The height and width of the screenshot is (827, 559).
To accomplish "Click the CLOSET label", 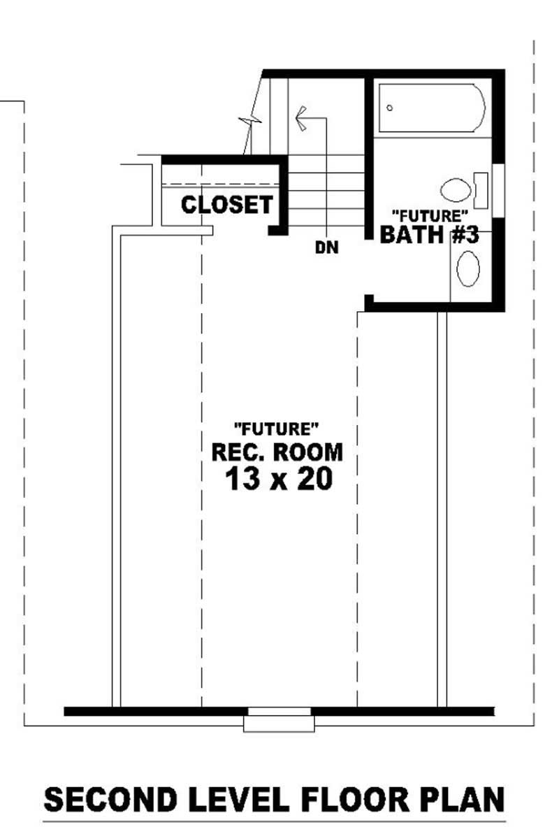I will click(226, 205).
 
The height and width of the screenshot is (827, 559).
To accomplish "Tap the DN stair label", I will click(326, 247).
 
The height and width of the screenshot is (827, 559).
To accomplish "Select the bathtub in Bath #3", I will click(431, 108).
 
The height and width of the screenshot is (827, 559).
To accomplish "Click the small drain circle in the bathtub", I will click(389, 108).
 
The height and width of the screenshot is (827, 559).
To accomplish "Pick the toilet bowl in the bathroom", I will click(456, 189).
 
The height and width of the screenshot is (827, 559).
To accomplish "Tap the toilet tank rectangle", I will click(481, 189).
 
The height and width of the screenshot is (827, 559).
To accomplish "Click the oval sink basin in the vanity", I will click(468, 269).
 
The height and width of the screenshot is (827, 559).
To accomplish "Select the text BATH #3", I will click(429, 235).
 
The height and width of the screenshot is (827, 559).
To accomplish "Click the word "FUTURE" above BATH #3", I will click(429, 215).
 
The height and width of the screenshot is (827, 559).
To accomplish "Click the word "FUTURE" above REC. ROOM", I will click(277, 428).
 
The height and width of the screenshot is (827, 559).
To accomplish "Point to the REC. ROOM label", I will click(277, 452).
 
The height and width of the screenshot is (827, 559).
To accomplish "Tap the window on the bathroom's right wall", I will click(498, 187).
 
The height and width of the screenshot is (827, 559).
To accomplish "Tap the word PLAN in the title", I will click(457, 799).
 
